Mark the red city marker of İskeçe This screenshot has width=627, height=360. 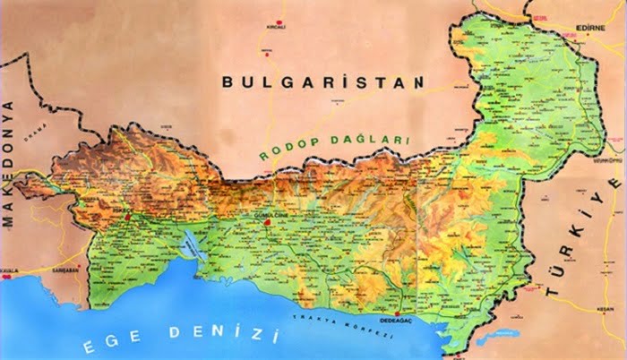(128, 216)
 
